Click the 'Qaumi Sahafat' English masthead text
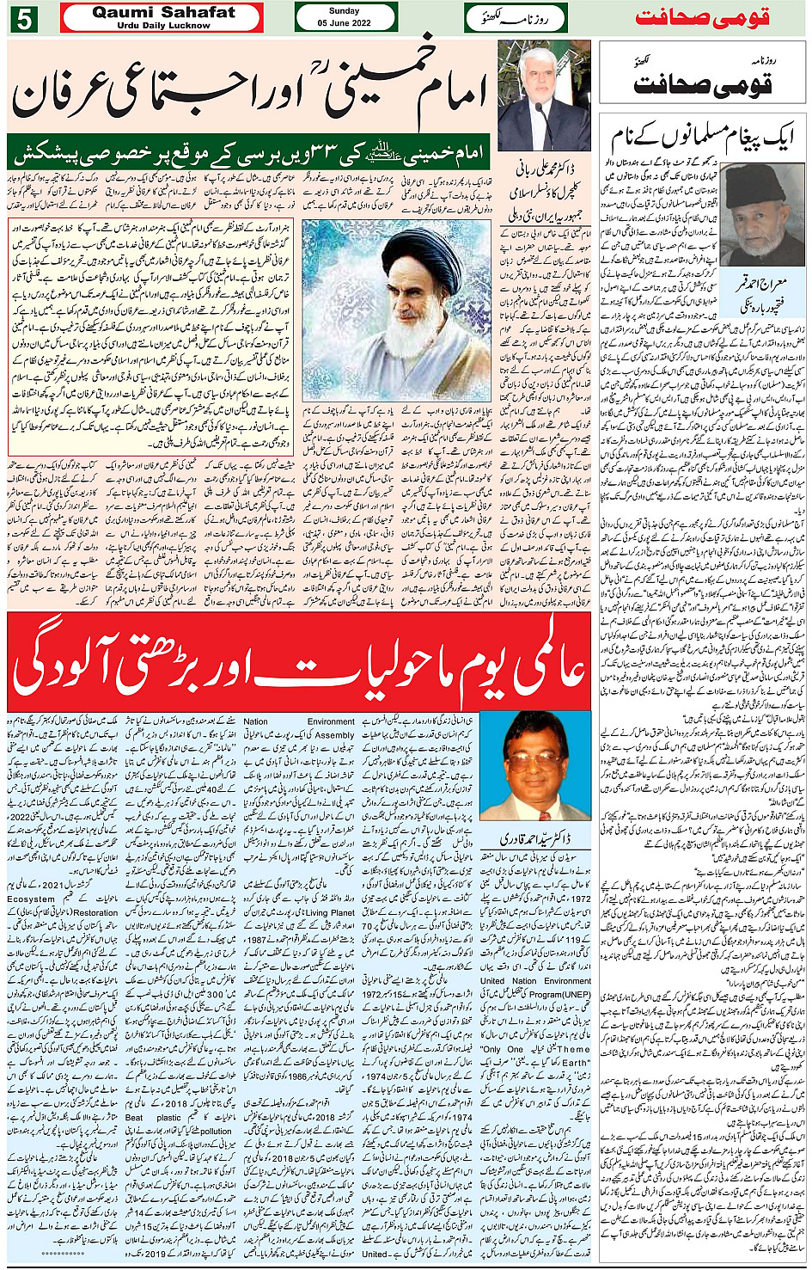tap(162, 13)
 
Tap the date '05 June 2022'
tap(345, 23)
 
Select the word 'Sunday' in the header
tap(345, 11)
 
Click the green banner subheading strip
tap(249, 152)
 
